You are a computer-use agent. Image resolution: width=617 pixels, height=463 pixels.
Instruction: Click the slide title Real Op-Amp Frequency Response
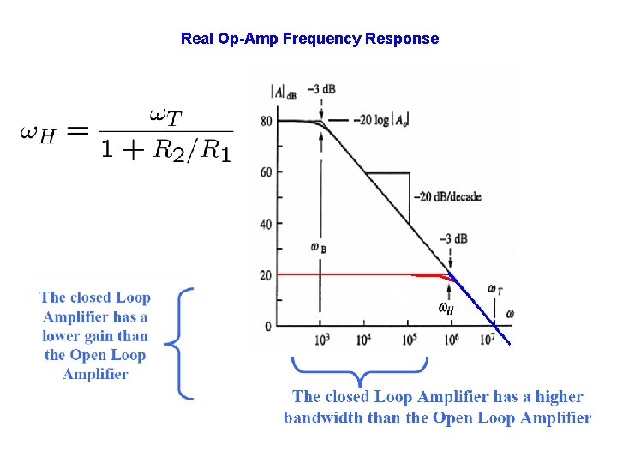[309, 39]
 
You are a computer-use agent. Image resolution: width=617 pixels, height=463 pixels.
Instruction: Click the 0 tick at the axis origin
[267, 326]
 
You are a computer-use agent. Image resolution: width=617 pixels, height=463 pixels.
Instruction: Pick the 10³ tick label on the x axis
[320, 340]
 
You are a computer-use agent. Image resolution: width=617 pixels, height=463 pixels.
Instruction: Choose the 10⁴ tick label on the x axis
[364, 340]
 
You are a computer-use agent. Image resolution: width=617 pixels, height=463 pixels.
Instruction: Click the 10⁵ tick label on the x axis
[408, 340]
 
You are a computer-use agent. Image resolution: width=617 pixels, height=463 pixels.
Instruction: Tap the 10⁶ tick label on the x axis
[451, 340]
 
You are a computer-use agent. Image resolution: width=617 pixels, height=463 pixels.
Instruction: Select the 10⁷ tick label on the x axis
[486, 340]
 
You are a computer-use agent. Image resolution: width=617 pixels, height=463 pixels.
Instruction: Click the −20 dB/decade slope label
[447, 197]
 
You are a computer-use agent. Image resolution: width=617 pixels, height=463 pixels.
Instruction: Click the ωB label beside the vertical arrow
[319, 248]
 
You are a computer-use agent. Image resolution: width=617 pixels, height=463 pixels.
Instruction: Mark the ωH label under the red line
[446, 308]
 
